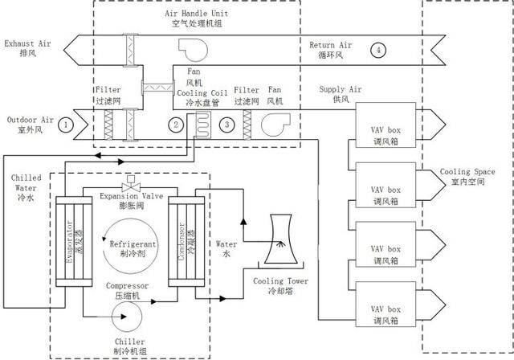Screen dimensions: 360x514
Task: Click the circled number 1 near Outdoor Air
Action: [x=67, y=124]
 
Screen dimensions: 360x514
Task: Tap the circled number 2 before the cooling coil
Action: [x=175, y=124]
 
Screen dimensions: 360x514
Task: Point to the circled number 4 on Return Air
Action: [x=378, y=50]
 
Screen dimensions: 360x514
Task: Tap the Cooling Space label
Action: [x=467, y=177]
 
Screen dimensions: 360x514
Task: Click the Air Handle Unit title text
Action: [x=196, y=18]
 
